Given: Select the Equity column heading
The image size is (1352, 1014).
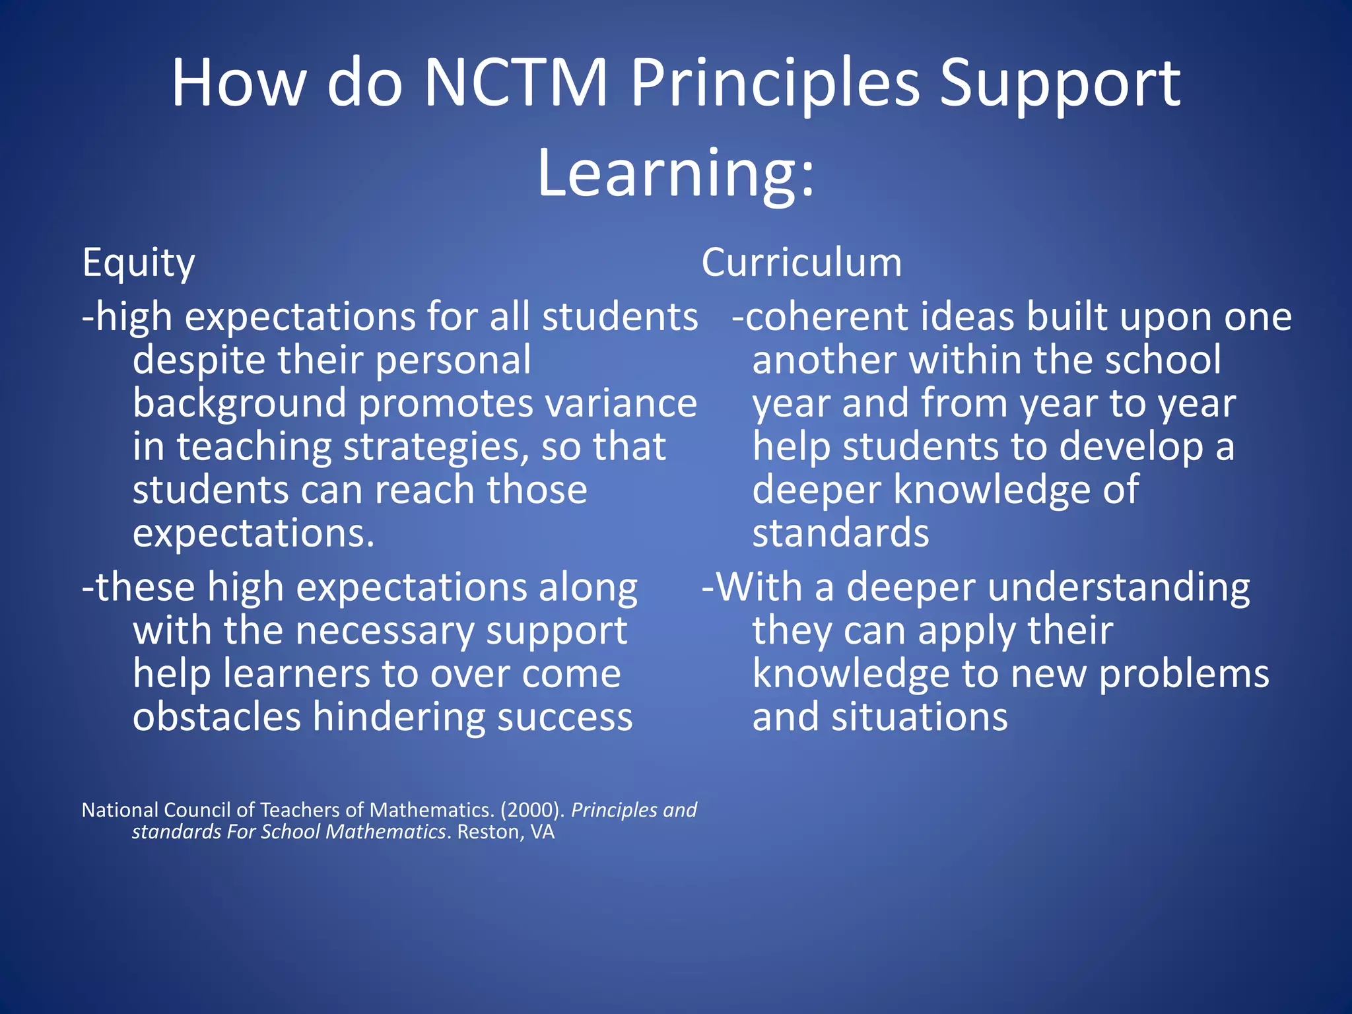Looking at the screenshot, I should pos(139,263).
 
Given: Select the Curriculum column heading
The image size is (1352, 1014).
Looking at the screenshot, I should pos(801,262).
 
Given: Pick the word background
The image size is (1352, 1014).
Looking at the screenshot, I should pos(240,404).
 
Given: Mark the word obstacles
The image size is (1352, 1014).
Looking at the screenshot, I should pos(217,717).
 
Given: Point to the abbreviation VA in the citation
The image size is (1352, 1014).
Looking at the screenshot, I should pos(543,832).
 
